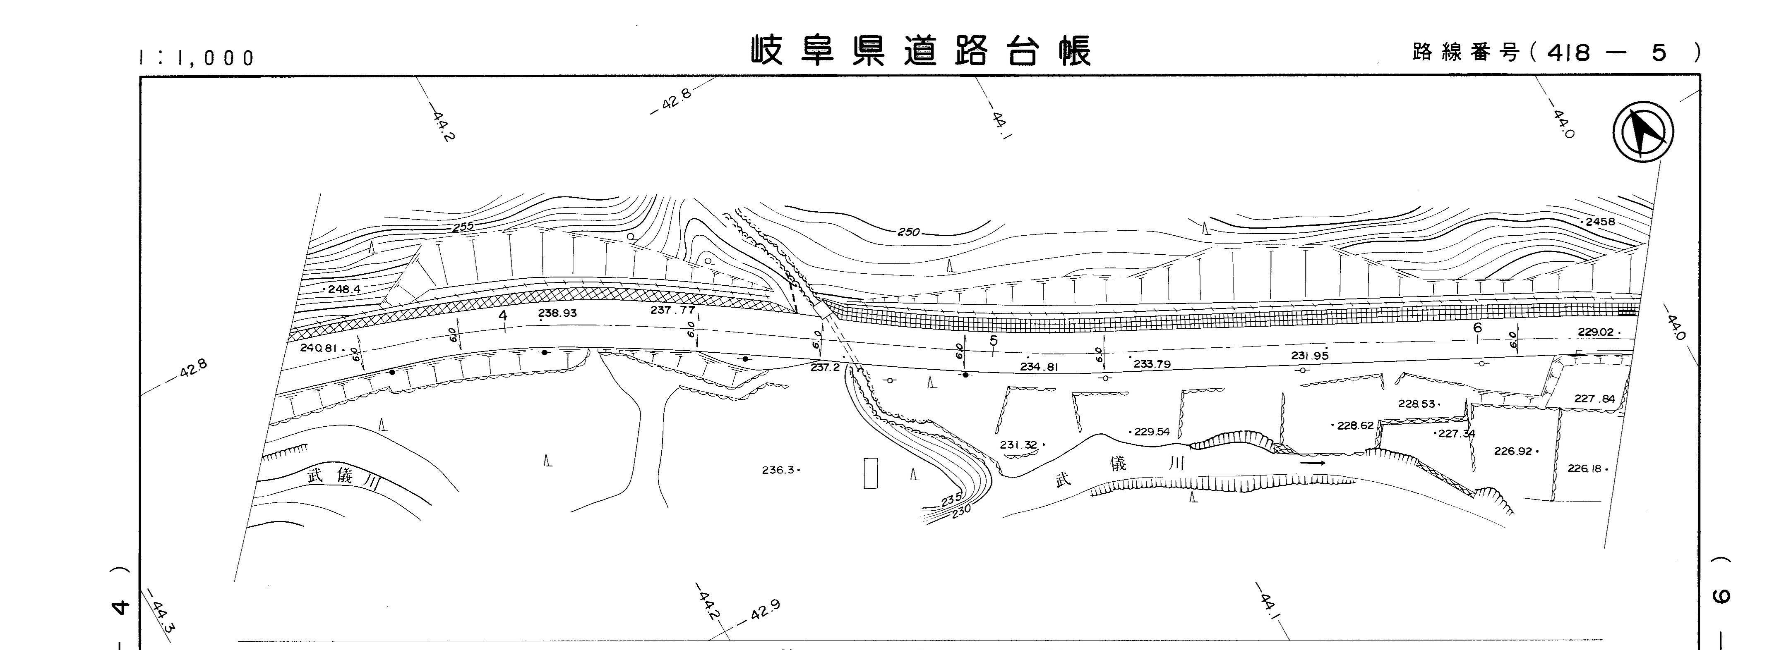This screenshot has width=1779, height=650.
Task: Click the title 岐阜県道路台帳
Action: point(921,51)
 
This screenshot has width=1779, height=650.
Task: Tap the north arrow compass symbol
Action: point(1644,134)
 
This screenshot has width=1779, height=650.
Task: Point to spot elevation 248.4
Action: point(344,289)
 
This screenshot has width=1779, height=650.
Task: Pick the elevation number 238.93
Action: point(557,313)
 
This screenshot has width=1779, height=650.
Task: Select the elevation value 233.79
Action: point(1152,363)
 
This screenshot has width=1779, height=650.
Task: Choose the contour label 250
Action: point(909,232)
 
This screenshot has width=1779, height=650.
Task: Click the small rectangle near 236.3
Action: point(871,473)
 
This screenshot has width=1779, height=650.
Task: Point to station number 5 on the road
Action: point(993,341)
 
